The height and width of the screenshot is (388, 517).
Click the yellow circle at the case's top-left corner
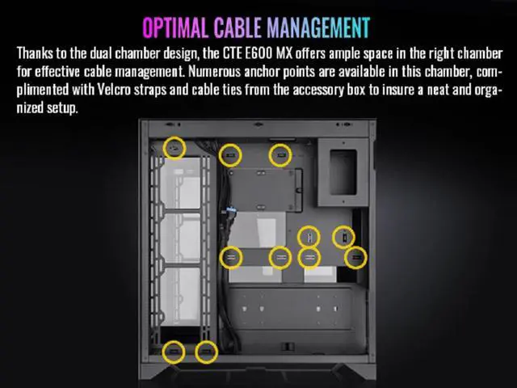[x=174, y=148]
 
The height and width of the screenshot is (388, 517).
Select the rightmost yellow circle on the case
[x=355, y=257]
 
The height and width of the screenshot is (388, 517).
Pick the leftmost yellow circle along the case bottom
[x=173, y=352]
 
